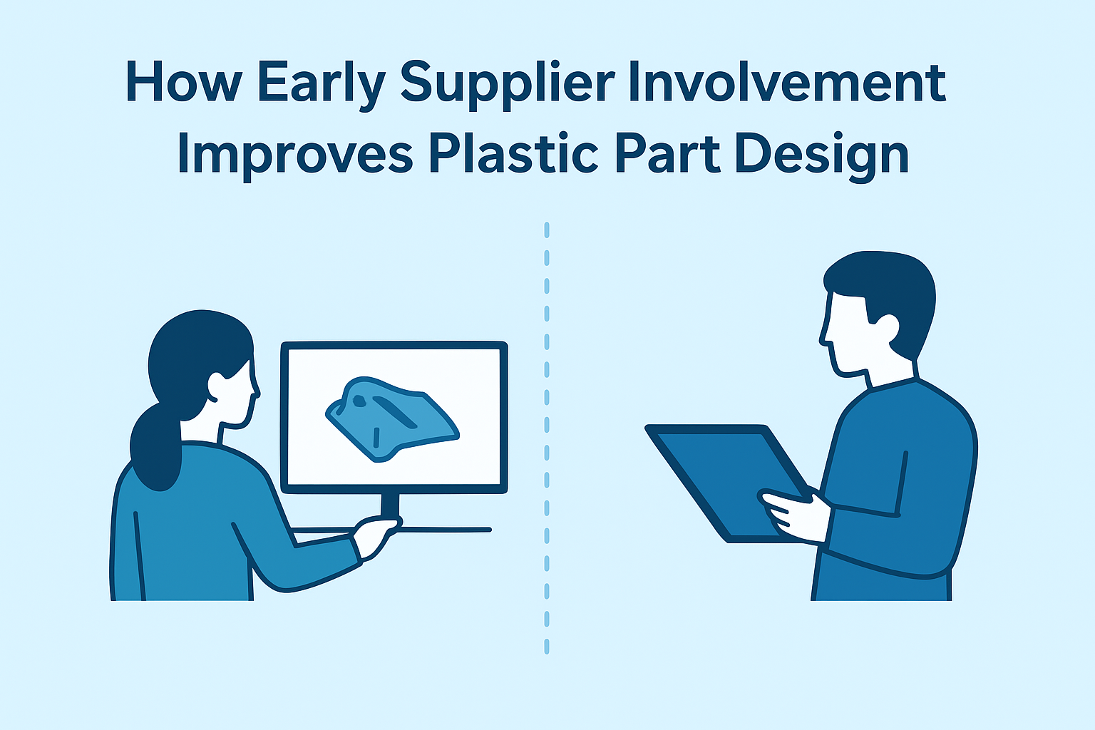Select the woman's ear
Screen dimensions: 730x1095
(216, 386)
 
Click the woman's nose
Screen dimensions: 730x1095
(256, 389)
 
